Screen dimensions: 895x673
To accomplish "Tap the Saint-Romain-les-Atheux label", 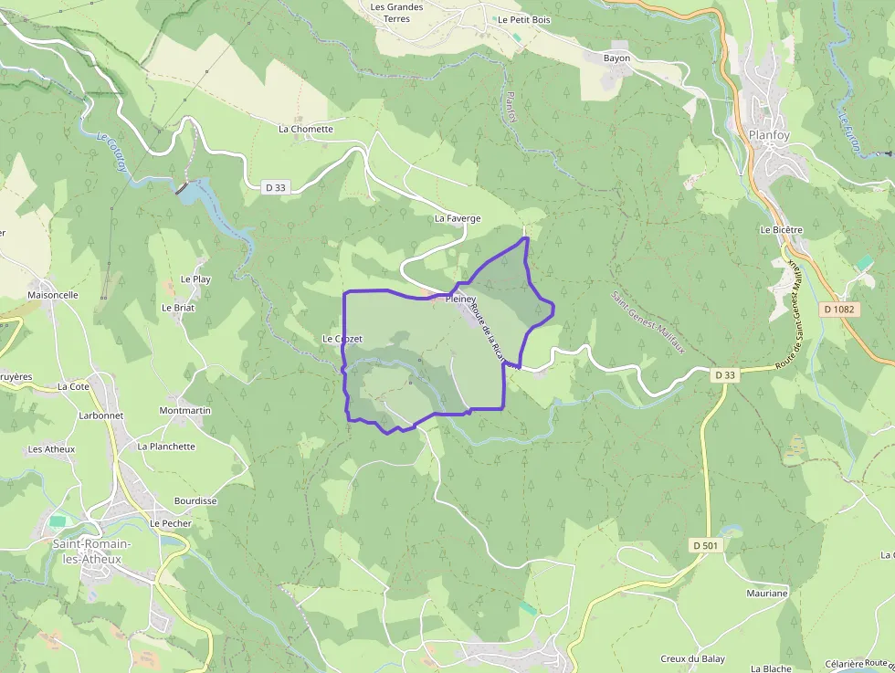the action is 91,552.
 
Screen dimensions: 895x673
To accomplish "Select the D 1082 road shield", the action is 838,310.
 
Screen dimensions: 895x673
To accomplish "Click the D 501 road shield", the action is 706,545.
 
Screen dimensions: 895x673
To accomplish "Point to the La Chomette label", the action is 306,130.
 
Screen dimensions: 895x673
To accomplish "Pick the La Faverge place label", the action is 458,219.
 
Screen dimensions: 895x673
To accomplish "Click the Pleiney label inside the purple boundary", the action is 461,299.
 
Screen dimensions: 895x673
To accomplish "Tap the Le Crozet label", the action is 342,339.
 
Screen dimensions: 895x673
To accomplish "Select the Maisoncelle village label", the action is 53,296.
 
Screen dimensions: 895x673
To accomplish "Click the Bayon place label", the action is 617,58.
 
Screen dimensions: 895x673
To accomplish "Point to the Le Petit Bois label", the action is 523,19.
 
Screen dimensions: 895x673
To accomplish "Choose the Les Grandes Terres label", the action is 396,13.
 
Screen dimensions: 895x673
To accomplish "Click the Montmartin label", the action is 185,411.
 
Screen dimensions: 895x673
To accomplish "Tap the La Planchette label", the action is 166,447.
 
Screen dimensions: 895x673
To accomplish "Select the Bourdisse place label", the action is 195,501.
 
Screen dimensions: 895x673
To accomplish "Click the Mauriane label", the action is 766,594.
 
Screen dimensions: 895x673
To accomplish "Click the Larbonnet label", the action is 100,415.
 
